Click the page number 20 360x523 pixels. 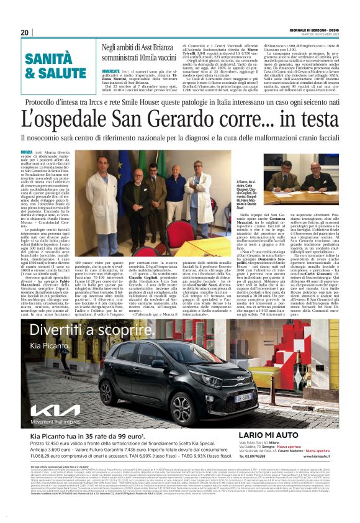(x=25, y=32)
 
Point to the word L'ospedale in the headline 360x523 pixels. (x=63, y=117)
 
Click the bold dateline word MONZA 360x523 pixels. (x=27, y=152)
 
